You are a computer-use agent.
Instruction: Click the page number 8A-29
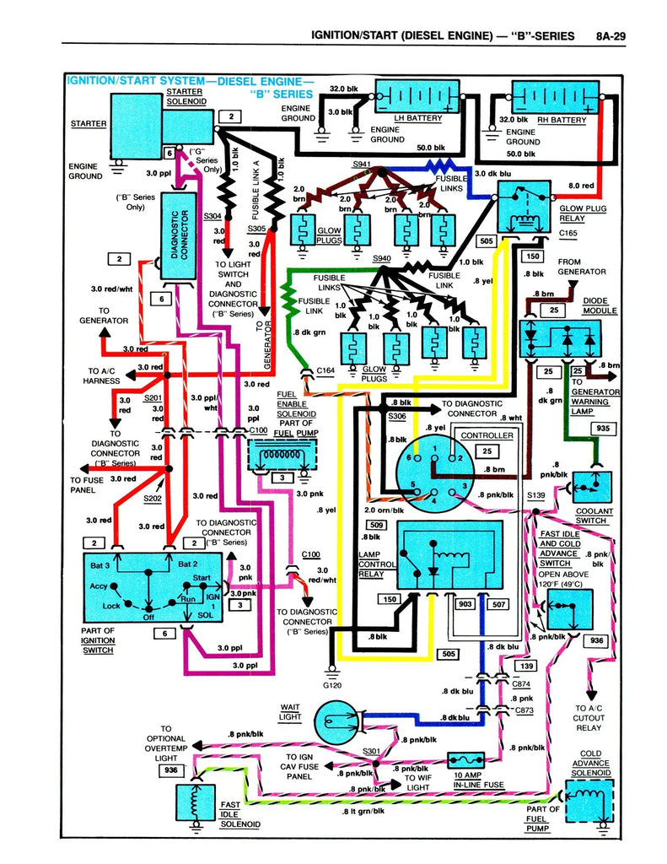tap(614, 35)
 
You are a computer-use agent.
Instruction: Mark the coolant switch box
tap(594, 483)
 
